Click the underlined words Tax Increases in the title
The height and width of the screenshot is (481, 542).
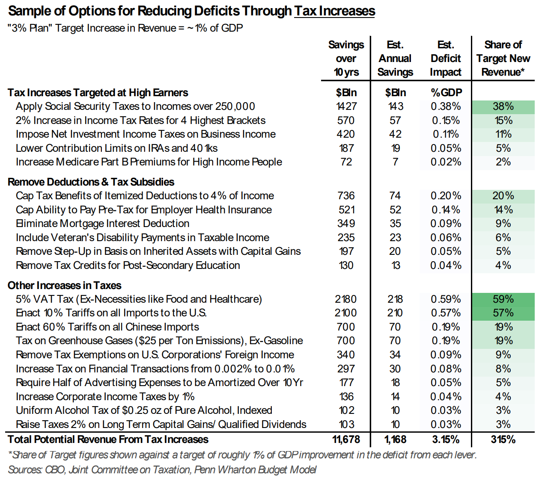(334, 11)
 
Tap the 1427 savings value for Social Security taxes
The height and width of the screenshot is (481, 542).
(346, 106)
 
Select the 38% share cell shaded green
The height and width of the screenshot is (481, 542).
(503, 106)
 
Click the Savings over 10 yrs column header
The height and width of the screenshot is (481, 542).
(346, 58)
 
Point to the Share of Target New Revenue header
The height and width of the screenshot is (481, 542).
(503, 58)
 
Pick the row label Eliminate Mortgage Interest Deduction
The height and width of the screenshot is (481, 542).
(102, 223)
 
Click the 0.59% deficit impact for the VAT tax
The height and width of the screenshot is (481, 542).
(446, 299)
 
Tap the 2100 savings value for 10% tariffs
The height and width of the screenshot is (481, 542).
(345, 313)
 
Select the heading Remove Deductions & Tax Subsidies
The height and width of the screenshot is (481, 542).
(91, 182)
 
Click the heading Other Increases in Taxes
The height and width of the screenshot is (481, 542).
(65, 286)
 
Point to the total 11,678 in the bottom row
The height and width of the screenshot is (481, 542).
(346, 440)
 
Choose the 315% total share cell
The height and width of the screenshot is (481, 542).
(503, 440)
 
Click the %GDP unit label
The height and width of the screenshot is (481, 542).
(446, 92)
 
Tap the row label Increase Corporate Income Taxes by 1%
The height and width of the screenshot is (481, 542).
(105, 397)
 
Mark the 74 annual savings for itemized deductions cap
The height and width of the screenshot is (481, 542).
(395, 196)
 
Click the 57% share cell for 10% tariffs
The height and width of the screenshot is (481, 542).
(503, 313)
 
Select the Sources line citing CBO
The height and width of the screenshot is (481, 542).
(162, 469)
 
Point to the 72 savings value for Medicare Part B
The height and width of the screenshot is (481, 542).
(346, 162)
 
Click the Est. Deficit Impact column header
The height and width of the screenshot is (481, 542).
(446, 58)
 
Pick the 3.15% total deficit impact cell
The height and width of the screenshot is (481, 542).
(446, 440)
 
